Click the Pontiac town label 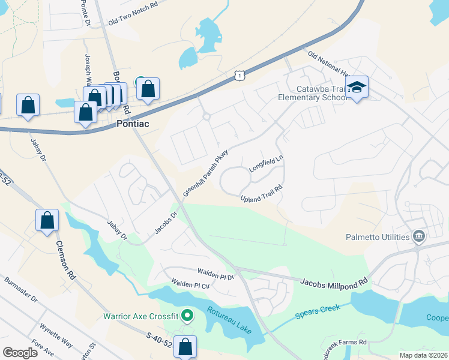pos(132,124)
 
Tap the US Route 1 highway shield pos(240,74)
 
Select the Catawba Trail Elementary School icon pos(357,87)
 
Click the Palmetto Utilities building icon pos(419,237)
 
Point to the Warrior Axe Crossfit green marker pos(187,314)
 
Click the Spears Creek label pos(318,311)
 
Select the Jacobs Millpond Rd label pos(334,281)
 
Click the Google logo pos(20,352)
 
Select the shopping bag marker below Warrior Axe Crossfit pos(186,346)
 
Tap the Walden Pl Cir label pos(190,283)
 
